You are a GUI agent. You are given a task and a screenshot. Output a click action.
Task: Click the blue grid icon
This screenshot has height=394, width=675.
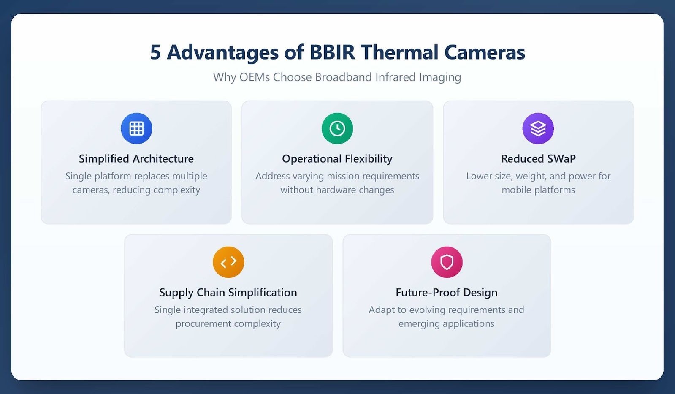point(136,128)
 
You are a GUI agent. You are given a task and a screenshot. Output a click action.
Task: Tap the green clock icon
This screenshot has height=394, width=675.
point(337,128)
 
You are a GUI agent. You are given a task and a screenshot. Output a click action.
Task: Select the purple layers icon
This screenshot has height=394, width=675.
point(538,128)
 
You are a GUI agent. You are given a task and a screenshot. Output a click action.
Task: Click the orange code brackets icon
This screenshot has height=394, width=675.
point(228,262)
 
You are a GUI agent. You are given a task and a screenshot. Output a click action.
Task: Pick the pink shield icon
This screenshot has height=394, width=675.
point(447,262)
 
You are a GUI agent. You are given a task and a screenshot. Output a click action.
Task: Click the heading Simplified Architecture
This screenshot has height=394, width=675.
point(136,158)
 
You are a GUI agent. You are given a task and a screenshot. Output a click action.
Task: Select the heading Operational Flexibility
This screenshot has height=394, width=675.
point(337,158)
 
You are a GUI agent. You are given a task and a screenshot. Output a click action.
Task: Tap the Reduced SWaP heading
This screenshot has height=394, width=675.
point(538,158)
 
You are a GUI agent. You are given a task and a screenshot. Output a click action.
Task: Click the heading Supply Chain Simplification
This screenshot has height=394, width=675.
point(228,292)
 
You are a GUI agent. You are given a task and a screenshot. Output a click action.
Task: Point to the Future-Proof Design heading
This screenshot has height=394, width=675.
point(447,292)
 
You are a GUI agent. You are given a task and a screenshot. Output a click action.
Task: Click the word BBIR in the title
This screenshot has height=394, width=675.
point(332,52)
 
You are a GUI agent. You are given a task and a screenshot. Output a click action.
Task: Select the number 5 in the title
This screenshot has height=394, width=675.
point(155,52)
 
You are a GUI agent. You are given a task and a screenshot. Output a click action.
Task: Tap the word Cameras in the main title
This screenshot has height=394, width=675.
point(485,52)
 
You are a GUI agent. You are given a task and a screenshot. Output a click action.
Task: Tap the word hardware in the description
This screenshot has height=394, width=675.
point(336,190)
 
